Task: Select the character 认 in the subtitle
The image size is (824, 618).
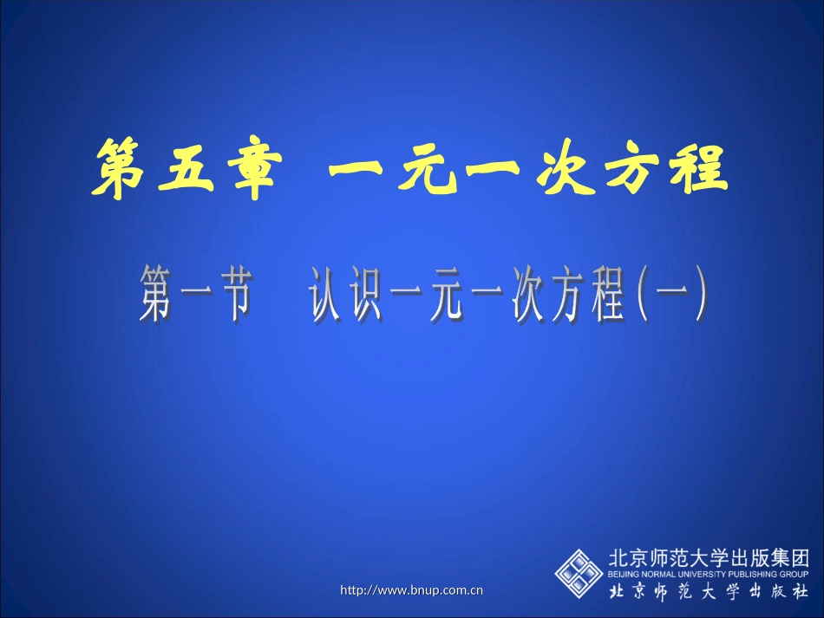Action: (327, 296)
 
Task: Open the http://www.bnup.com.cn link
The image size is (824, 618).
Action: (411, 590)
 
